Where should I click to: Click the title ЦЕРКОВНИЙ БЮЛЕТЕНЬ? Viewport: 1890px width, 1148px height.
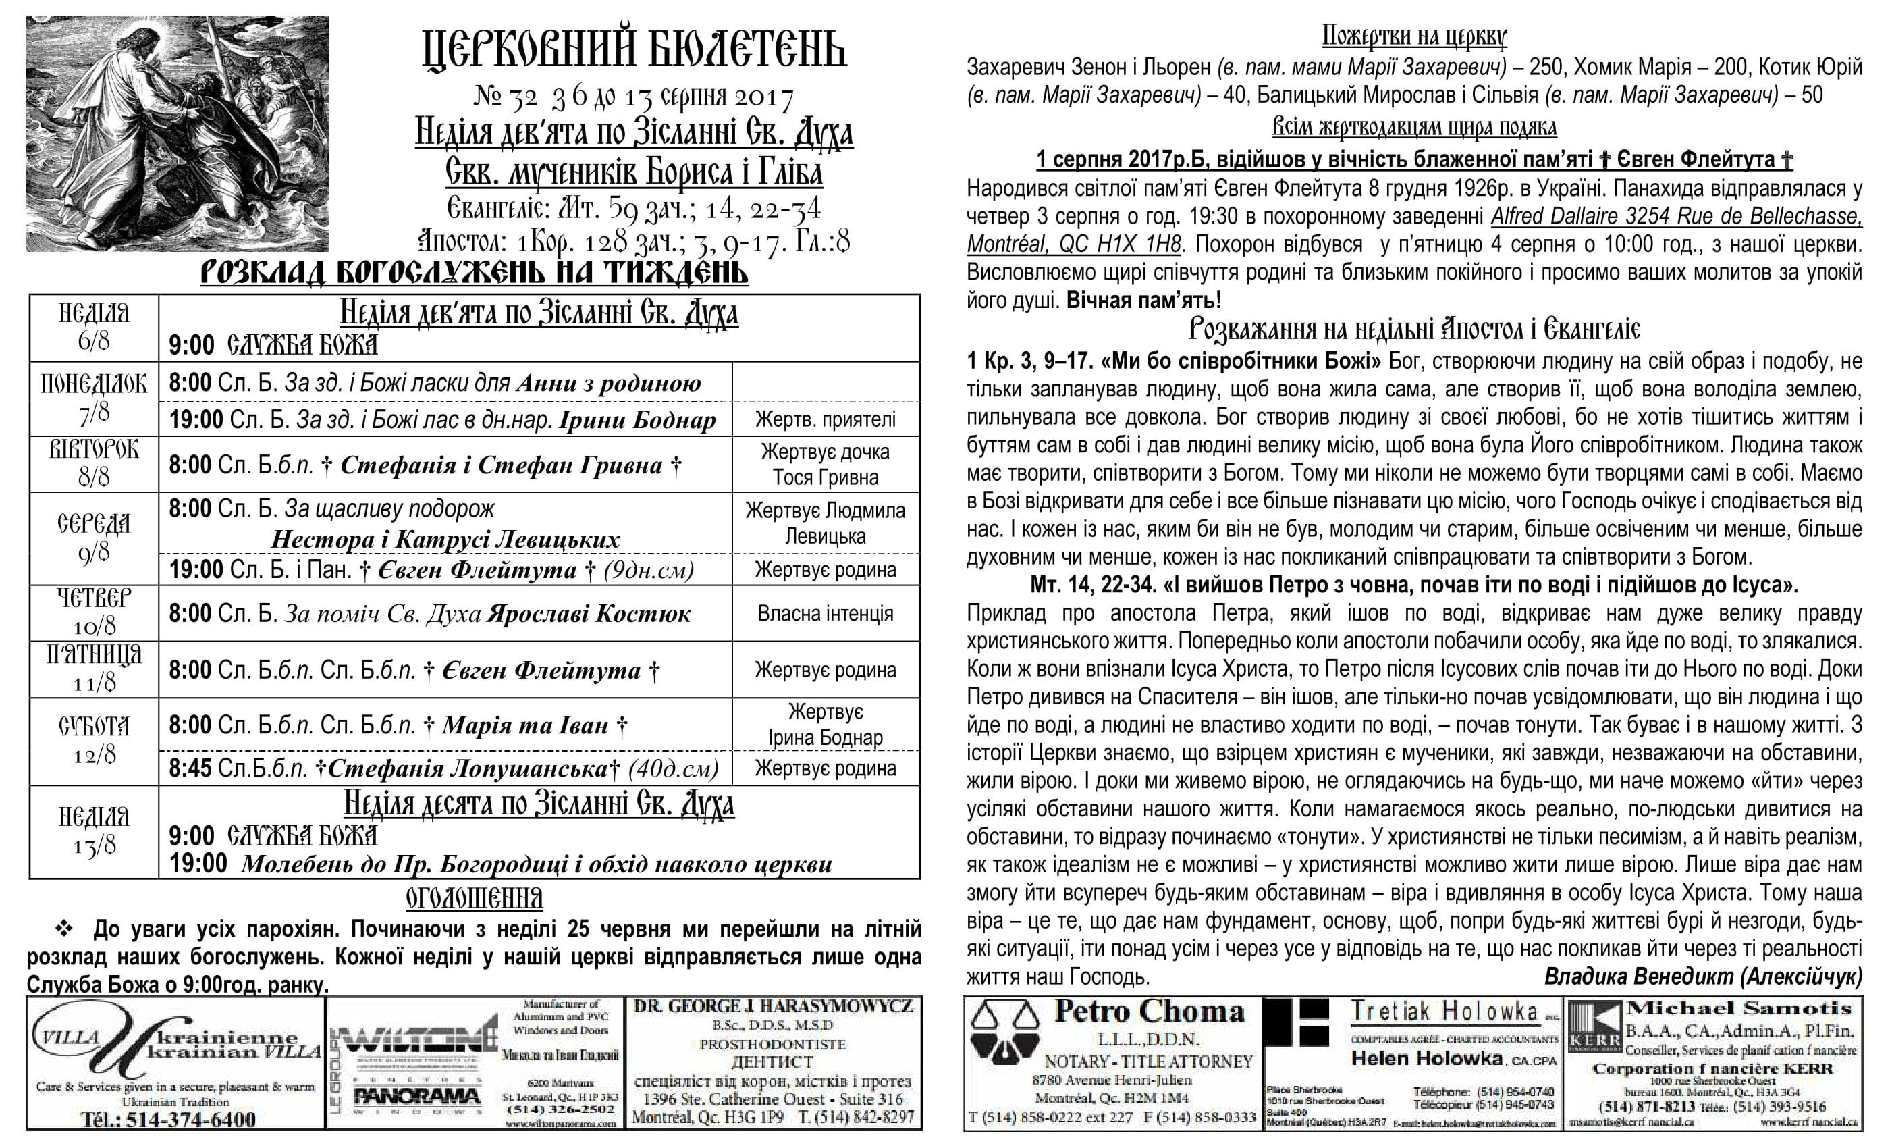point(634,51)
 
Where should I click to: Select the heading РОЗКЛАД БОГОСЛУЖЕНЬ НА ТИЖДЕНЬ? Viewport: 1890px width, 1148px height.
point(474,273)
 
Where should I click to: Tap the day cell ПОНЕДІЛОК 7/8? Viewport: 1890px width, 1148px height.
point(94,398)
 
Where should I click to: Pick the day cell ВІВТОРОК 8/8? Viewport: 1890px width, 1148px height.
point(94,463)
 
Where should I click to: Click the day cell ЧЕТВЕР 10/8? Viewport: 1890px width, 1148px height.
point(94,612)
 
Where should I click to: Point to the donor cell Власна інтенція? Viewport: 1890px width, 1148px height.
point(826,613)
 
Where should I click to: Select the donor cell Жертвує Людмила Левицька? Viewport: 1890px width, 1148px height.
point(826,523)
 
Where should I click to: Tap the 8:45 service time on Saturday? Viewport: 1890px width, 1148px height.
point(190,768)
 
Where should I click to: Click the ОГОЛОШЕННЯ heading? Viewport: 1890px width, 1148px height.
point(474,898)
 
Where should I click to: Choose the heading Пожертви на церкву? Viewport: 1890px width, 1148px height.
point(1413,36)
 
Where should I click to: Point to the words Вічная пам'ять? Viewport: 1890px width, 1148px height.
point(1143,299)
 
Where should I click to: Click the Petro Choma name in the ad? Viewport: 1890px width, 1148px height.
point(1148,1012)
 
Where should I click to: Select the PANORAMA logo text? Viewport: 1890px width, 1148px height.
point(416,1097)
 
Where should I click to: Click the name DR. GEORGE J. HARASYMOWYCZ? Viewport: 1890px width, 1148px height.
point(773,1006)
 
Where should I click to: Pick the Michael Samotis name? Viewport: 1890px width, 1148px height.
point(1739,1008)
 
